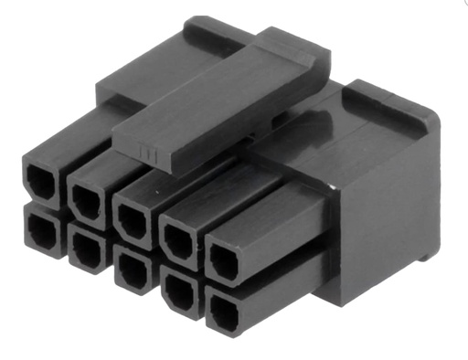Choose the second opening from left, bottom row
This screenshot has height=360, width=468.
(88, 248)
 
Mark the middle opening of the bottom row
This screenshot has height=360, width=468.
(133, 271)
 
